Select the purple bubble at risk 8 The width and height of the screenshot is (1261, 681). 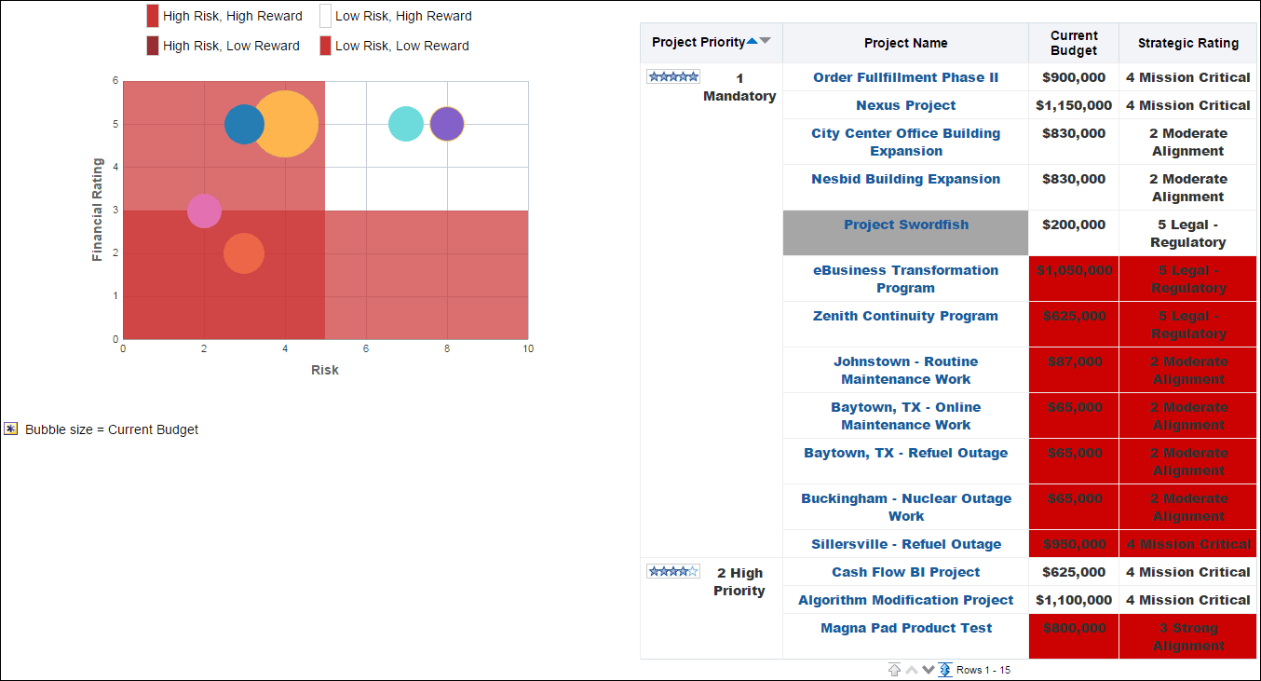(x=447, y=124)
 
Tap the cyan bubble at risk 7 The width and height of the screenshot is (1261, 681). (x=405, y=124)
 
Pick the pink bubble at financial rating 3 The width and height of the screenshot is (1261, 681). (x=204, y=211)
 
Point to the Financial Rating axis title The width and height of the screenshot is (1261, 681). (x=98, y=210)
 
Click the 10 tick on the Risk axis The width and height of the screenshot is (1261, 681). (x=528, y=349)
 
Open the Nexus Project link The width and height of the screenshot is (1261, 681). (x=905, y=105)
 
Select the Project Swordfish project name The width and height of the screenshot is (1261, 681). (x=905, y=225)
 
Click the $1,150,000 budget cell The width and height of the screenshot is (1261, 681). (x=1074, y=105)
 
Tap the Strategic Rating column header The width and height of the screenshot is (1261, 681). (x=1187, y=43)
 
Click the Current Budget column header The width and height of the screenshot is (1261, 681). (x=1074, y=43)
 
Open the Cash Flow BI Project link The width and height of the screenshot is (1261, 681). (x=905, y=572)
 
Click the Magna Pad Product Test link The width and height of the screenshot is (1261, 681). (x=905, y=628)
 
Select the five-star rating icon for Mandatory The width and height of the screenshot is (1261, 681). (x=673, y=77)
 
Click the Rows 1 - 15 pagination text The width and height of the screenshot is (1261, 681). (x=983, y=670)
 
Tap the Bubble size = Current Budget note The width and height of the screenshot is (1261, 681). (x=111, y=429)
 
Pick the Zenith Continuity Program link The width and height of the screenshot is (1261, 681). (x=905, y=316)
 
